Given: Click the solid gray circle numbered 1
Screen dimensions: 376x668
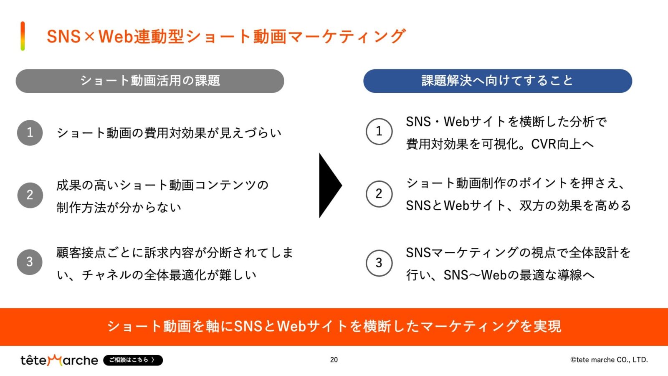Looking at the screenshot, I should coord(30,133).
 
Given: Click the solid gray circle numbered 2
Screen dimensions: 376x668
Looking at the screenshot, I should coord(30,195).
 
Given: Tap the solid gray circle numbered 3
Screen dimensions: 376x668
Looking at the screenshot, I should coord(30,262).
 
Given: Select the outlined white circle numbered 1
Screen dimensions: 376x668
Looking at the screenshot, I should coord(379,131).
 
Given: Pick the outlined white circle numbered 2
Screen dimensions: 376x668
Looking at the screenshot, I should coord(379,194).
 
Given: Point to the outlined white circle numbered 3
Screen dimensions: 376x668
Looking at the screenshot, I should coord(379,263).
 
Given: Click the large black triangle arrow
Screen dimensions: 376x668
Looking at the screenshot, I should coord(329,185).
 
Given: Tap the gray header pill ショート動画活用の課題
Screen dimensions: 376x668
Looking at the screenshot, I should coord(150,81).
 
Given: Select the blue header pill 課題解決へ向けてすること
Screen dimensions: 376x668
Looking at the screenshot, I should coord(497,81).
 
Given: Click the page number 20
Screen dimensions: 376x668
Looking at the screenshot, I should coord(334,360).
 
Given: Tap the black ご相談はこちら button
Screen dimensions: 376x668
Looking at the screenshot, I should coord(133,360).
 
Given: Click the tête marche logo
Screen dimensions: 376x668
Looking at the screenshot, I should coord(59,360).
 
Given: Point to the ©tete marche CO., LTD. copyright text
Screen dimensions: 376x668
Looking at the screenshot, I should coord(609,360).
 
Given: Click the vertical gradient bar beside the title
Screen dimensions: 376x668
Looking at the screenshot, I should coord(23,36).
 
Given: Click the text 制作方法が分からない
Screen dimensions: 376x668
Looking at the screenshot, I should coord(119,207).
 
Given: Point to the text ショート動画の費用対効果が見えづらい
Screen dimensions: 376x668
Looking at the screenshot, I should coord(169,133).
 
